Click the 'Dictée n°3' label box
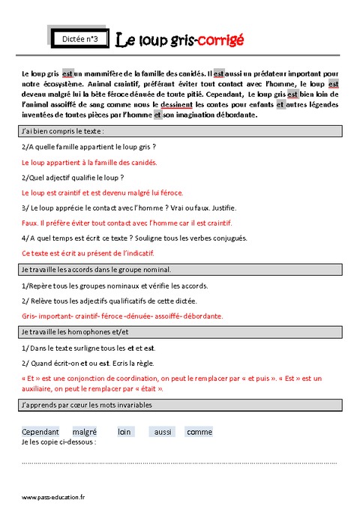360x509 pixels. click(x=84, y=37)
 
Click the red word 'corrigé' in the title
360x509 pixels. click(x=220, y=39)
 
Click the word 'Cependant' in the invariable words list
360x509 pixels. click(x=40, y=432)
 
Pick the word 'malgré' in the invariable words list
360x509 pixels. click(x=85, y=432)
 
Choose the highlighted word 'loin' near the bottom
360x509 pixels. click(x=124, y=432)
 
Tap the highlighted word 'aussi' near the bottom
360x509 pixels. click(x=163, y=432)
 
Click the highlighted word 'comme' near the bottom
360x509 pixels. click(x=199, y=432)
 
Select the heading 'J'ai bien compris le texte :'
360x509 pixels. click(x=62, y=131)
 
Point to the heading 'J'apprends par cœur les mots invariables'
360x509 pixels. click(x=87, y=405)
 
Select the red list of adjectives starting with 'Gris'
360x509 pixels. click(x=122, y=316)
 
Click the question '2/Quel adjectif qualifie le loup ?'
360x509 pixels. click(x=73, y=177)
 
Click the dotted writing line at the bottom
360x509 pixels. click(x=180, y=463)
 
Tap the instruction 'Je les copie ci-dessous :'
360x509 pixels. click(x=59, y=442)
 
